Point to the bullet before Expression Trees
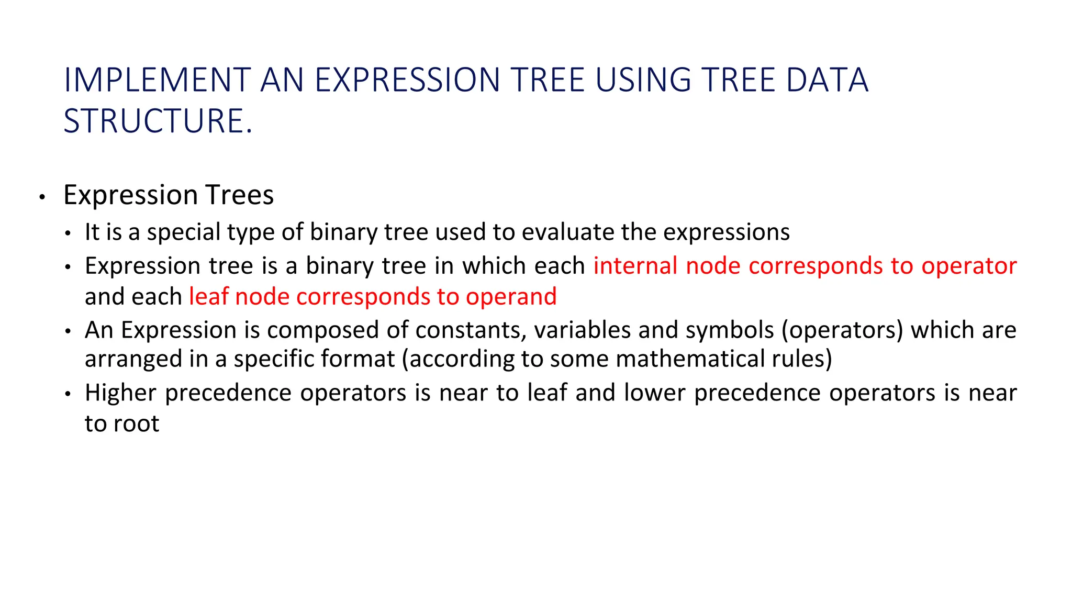[x=42, y=197]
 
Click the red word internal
[x=635, y=265]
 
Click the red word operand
[x=511, y=296]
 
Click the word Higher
[x=120, y=393]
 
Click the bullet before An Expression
[x=68, y=332]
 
